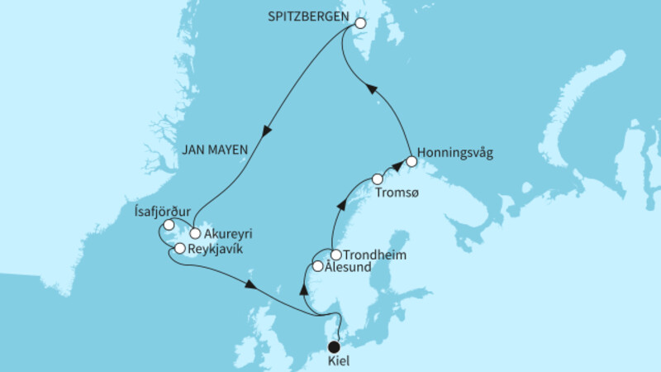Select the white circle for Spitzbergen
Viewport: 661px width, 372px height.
coord(359,24)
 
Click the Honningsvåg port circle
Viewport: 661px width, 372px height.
coord(411,162)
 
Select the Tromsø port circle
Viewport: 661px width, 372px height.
coord(378,179)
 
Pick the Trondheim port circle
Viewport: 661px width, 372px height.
coord(336,255)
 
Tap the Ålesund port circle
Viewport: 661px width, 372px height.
coord(318,266)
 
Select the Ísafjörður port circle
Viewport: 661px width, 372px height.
coord(169,225)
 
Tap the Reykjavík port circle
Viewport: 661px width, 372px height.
coord(179,248)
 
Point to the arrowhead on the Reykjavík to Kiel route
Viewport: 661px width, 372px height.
coord(250,285)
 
